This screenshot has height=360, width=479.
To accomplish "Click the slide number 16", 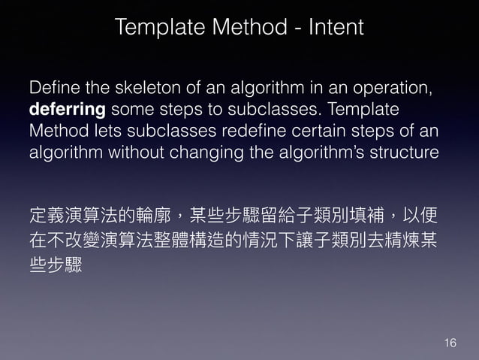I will pyautogui.click(x=450, y=343).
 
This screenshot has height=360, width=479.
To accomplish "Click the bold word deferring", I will pyautogui.click(x=66, y=110).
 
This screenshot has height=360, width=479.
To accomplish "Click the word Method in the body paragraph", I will pyautogui.click(x=54, y=131).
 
